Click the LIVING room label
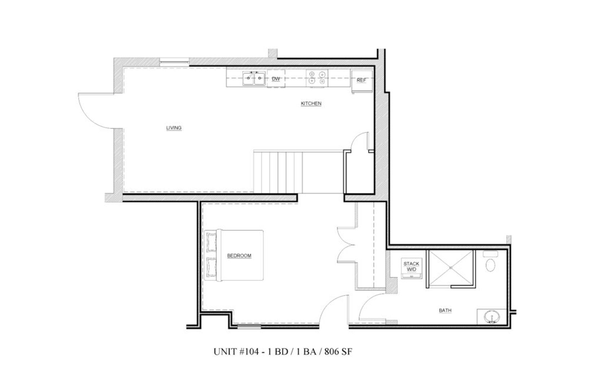pyautogui.click(x=174, y=128)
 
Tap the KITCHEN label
pyautogui.click(x=311, y=103)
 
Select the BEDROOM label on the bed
pyautogui.click(x=239, y=256)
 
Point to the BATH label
pyautogui.click(x=445, y=310)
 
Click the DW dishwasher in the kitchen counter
pyautogui.click(x=276, y=79)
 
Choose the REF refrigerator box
pyautogui.click(x=361, y=80)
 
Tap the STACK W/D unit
pyautogui.click(x=411, y=267)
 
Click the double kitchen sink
pyautogui.click(x=254, y=78)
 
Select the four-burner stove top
pyautogui.click(x=317, y=78)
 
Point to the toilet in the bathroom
pyautogui.click(x=490, y=263)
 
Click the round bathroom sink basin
pyautogui.click(x=491, y=317)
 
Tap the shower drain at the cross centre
pyautogui.click(x=450, y=268)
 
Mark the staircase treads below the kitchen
pyautogui.click(x=278, y=172)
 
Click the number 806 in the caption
pyautogui.click(x=332, y=352)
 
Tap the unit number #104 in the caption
pyautogui.click(x=248, y=352)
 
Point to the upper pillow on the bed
pyautogui.click(x=211, y=241)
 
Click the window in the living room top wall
pyautogui.click(x=174, y=62)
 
